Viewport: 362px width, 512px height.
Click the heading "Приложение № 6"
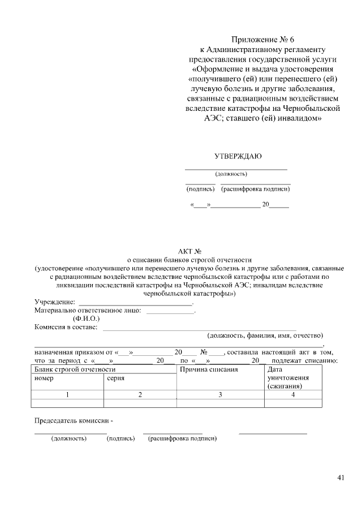click(x=263, y=40)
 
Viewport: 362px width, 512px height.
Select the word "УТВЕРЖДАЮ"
click(x=238, y=156)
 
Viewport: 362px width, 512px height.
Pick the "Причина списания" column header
click(x=208, y=369)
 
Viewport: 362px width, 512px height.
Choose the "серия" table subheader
click(x=115, y=377)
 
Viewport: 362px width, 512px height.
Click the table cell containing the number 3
click(x=220, y=394)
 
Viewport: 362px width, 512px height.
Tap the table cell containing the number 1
click(x=67, y=394)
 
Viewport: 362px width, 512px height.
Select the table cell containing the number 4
click(x=293, y=394)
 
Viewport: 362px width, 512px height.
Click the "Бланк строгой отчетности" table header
click(x=71, y=369)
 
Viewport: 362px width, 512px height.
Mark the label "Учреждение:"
click(x=55, y=302)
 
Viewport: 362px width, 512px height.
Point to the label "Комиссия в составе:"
click(x=66, y=326)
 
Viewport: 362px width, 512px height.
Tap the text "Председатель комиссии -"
click(x=74, y=421)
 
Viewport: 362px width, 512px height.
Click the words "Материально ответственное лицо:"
click(x=88, y=310)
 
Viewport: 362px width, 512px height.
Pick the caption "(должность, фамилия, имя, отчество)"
click(x=265, y=335)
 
